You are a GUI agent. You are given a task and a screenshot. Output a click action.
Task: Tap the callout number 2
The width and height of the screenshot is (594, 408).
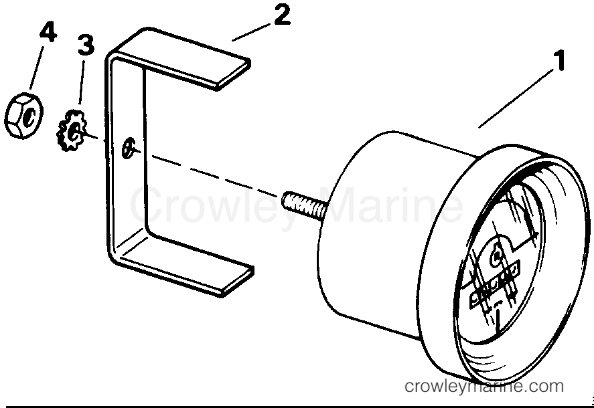tap(281, 15)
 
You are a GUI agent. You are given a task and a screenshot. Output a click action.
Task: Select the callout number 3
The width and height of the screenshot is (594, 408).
tap(86, 45)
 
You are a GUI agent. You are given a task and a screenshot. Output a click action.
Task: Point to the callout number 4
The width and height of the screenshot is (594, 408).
tap(48, 31)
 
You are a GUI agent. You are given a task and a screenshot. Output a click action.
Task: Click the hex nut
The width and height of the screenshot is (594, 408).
tap(24, 115)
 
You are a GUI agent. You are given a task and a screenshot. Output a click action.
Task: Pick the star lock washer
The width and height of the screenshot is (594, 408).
tap(72, 130)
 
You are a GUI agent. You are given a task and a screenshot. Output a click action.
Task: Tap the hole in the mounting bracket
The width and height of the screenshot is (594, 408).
tap(128, 148)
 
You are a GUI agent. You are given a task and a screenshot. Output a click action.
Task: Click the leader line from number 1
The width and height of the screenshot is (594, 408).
tap(516, 98)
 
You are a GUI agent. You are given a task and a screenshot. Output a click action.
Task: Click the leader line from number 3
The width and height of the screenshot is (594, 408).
tap(82, 82)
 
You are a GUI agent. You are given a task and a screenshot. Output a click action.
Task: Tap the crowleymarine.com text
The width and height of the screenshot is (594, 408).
tap(484, 386)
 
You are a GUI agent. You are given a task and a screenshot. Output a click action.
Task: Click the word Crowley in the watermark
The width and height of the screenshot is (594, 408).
tap(215, 206)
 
